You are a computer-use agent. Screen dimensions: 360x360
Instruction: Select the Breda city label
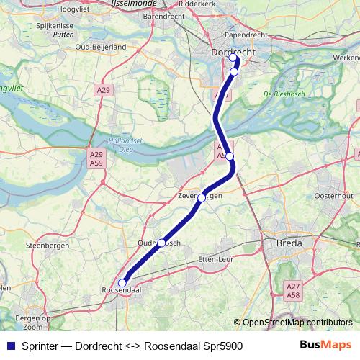pos(289,245)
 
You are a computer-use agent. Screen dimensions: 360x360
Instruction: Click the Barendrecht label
pos(165,14)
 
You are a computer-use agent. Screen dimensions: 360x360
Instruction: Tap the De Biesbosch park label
pos(279,94)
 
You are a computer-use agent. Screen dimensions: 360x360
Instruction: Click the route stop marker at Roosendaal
pos(122,283)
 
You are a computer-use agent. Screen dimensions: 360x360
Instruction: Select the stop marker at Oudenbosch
pos(162,243)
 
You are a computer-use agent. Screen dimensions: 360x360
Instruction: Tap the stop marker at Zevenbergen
pos(202,197)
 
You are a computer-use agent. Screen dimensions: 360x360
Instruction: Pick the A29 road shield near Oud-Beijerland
pos(103,90)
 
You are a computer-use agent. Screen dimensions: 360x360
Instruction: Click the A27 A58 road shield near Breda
pos(293,292)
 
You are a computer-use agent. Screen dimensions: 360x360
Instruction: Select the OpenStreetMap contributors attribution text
pos(297,322)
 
